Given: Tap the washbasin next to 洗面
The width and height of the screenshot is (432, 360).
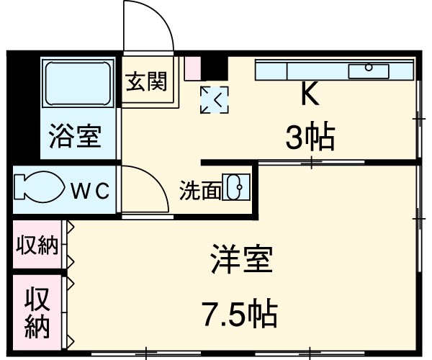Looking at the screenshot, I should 235,188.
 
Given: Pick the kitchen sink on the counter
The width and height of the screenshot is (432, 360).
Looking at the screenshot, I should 369,71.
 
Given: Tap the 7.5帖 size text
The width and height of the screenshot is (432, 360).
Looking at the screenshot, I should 239,313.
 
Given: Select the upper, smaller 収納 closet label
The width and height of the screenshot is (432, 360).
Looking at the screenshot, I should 37,246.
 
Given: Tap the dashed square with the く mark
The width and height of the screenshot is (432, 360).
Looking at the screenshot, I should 214,99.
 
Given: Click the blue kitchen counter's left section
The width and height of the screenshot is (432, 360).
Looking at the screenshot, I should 271,71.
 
